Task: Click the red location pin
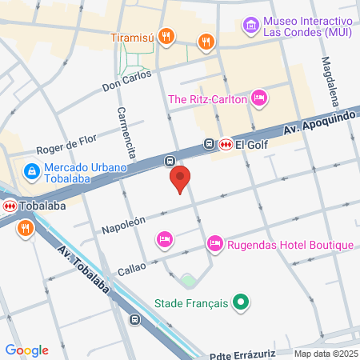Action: click(x=180, y=178)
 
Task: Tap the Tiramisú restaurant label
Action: click(x=131, y=37)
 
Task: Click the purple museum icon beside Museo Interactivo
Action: click(x=251, y=26)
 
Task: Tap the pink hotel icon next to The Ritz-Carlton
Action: click(x=258, y=98)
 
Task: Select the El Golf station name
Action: click(x=250, y=145)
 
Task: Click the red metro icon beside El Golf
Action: click(x=226, y=145)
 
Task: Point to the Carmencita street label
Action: click(x=124, y=131)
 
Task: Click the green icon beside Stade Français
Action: click(x=238, y=302)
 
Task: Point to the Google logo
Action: click(x=27, y=350)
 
